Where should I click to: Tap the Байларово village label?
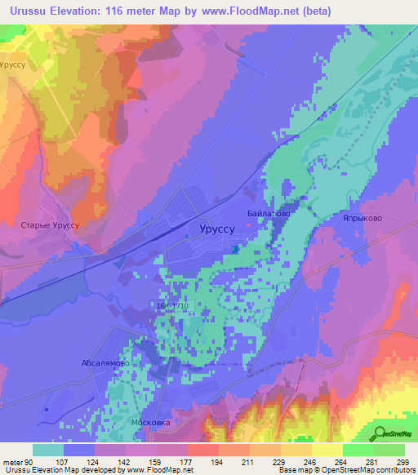pyautogui.click(x=268, y=213)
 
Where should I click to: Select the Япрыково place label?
pyautogui.click(x=362, y=219)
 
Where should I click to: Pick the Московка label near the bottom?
pyautogui.click(x=150, y=424)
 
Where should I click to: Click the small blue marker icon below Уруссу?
pyautogui.click(x=235, y=250)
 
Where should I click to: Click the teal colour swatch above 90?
pyautogui.click(x=48, y=450)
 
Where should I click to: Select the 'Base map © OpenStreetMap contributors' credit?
pyautogui.click(x=345, y=470)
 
